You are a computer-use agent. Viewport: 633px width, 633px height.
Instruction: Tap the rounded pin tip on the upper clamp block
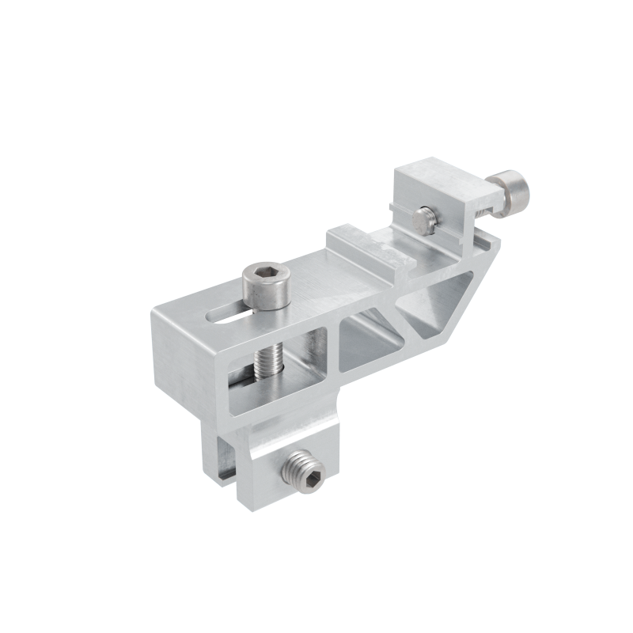[427, 215]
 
